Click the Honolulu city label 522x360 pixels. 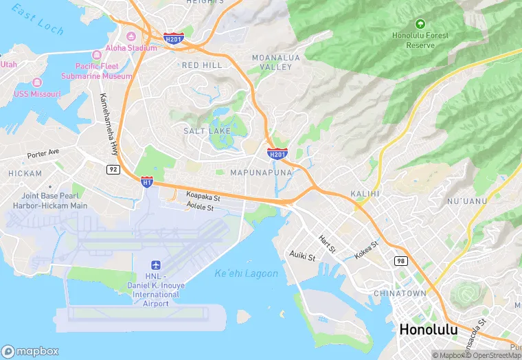[x=428, y=329]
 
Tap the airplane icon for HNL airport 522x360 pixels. [x=155, y=265]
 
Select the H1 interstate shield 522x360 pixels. [x=146, y=181]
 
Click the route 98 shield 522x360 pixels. [x=400, y=260]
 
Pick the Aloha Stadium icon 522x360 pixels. [x=130, y=36]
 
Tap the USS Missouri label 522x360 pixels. [x=37, y=93]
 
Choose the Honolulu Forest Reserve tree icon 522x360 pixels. [x=420, y=24]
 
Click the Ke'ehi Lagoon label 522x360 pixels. [x=247, y=273]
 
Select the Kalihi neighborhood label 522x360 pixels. [x=365, y=194]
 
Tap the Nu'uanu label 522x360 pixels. [x=467, y=201]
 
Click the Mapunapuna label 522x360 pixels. [x=261, y=172]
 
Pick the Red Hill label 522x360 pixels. [x=202, y=65]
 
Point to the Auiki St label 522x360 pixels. [x=302, y=256]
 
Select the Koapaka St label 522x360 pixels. [x=203, y=197]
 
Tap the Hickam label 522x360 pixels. [x=25, y=174]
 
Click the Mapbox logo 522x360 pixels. [x=30, y=351]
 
